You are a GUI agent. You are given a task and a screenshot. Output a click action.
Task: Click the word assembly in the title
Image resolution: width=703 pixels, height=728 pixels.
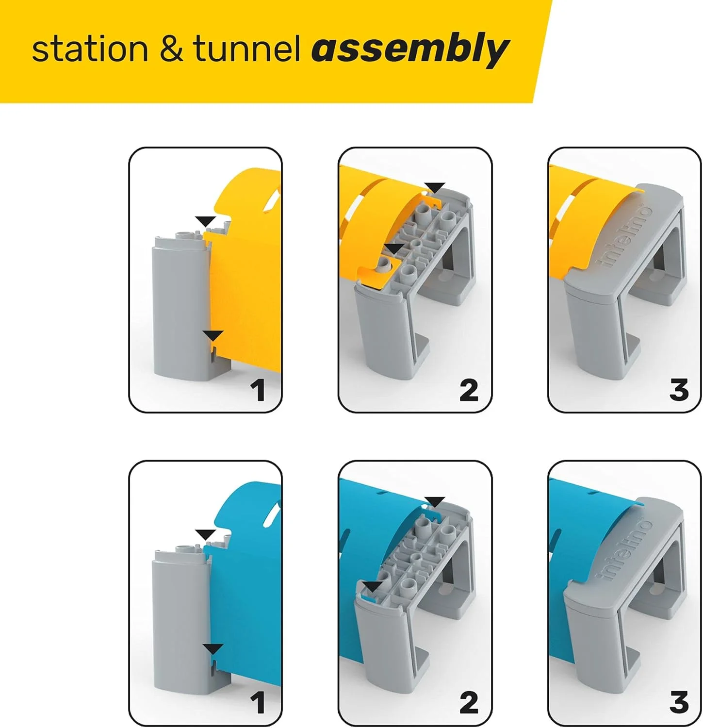coord(410,50)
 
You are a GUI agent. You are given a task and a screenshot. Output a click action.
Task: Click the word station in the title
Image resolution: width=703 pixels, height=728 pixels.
coord(90,49)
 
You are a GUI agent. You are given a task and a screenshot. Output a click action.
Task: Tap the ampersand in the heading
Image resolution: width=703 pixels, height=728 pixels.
coord(171,49)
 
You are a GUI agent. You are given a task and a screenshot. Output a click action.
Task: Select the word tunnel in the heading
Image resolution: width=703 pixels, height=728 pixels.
coord(246,49)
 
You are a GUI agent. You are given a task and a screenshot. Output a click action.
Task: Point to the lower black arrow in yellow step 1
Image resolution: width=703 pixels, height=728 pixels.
coord(213,335)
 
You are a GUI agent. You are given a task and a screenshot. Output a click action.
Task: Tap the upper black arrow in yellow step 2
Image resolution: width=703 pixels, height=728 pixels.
coord(435,187)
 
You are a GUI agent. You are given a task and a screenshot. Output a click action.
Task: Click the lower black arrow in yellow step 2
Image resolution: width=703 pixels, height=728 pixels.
coord(393,248)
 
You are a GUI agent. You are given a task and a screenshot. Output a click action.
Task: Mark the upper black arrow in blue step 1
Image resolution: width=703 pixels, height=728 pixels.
coord(205,534)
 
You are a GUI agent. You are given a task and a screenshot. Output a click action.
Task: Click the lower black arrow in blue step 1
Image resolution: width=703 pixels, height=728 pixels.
coord(213,648)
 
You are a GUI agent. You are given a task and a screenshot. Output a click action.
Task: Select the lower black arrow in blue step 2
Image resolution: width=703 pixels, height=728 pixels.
coord(373,587)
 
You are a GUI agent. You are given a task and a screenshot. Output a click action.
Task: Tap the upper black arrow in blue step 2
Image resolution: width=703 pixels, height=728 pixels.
coord(435,501)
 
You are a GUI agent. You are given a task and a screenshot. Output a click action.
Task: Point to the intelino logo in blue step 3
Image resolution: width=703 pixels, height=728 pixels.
coord(626,549)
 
